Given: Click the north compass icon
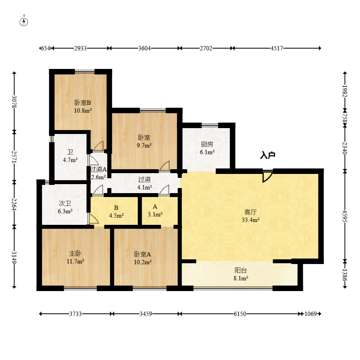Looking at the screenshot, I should [x=24, y=21].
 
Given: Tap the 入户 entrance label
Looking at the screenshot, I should [x=268, y=156].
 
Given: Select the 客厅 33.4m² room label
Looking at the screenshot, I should [x=250, y=216].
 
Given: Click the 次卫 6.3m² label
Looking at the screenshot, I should [x=65, y=207].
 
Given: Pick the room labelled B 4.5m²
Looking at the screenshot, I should [x=116, y=211].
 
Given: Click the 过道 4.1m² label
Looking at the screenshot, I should [x=144, y=183].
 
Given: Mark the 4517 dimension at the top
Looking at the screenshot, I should [x=277, y=48].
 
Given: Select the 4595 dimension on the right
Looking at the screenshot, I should [x=345, y=216].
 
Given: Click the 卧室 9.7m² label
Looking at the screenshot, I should [x=144, y=141].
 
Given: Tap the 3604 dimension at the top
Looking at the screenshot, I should [x=144, y=48].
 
